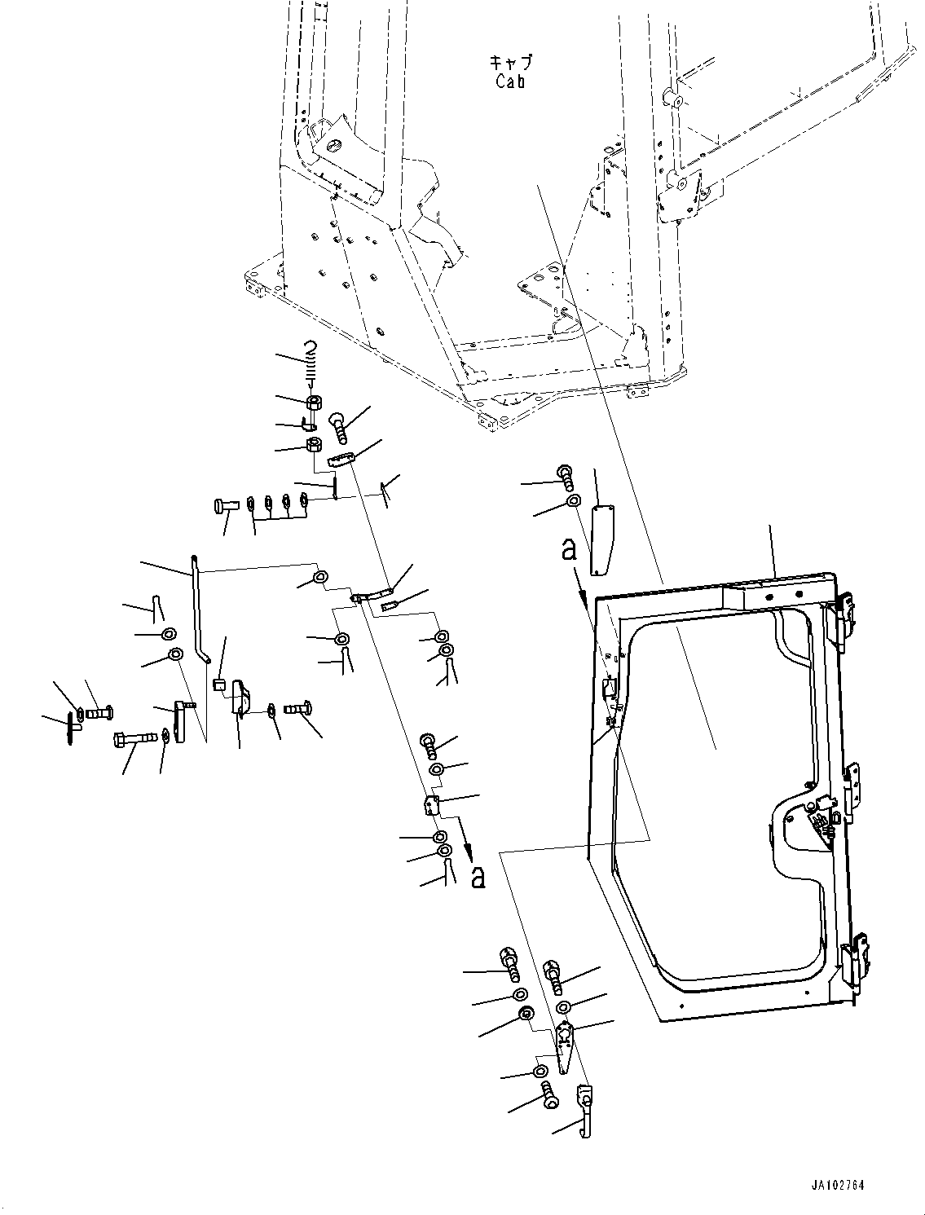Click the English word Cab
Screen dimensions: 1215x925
(x=510, y=81)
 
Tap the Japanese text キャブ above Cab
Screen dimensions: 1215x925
(x=510, y=63)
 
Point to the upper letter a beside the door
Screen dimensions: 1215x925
(x=570, y=551)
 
